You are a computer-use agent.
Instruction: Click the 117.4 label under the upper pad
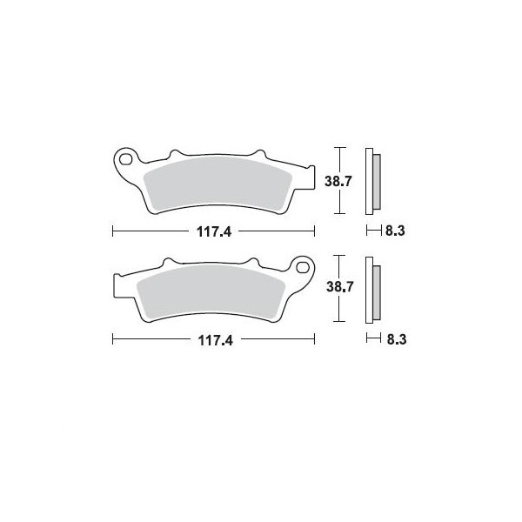point(214,231)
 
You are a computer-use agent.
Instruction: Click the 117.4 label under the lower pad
point(216,340)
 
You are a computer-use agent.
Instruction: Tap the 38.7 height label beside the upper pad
point(338,182)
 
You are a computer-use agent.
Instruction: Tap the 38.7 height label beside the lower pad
point(339,286)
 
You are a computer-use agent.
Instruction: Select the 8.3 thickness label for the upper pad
point(395,231)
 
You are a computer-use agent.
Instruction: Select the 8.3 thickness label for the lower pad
point(397,339)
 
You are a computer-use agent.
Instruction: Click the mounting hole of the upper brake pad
point(125,159)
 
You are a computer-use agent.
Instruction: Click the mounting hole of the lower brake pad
point(303,267)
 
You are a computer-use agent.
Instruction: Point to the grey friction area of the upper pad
point(218,184)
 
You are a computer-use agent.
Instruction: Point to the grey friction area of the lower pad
point(211,292)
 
